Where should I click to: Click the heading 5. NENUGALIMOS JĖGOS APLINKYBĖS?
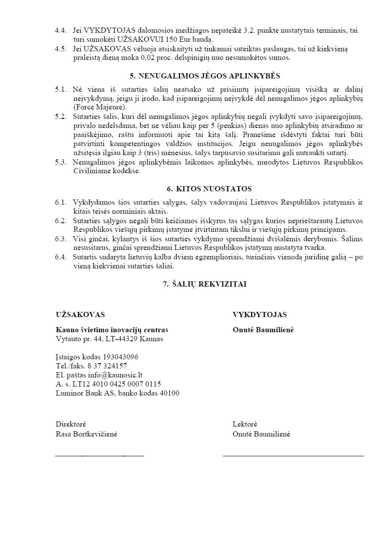pos(205,76)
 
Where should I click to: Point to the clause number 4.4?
pos(61,31)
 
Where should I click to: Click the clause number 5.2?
pos(61,117)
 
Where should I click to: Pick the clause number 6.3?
pos(61,238)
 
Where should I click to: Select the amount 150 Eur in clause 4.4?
pos(188,40)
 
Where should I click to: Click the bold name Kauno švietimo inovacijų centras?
pos(112,330)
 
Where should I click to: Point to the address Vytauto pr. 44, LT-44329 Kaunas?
pos(109,339)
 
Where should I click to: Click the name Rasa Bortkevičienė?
pos(87,434)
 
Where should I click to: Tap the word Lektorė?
pos(245,424)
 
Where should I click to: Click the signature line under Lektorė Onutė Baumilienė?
pos(293,455)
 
